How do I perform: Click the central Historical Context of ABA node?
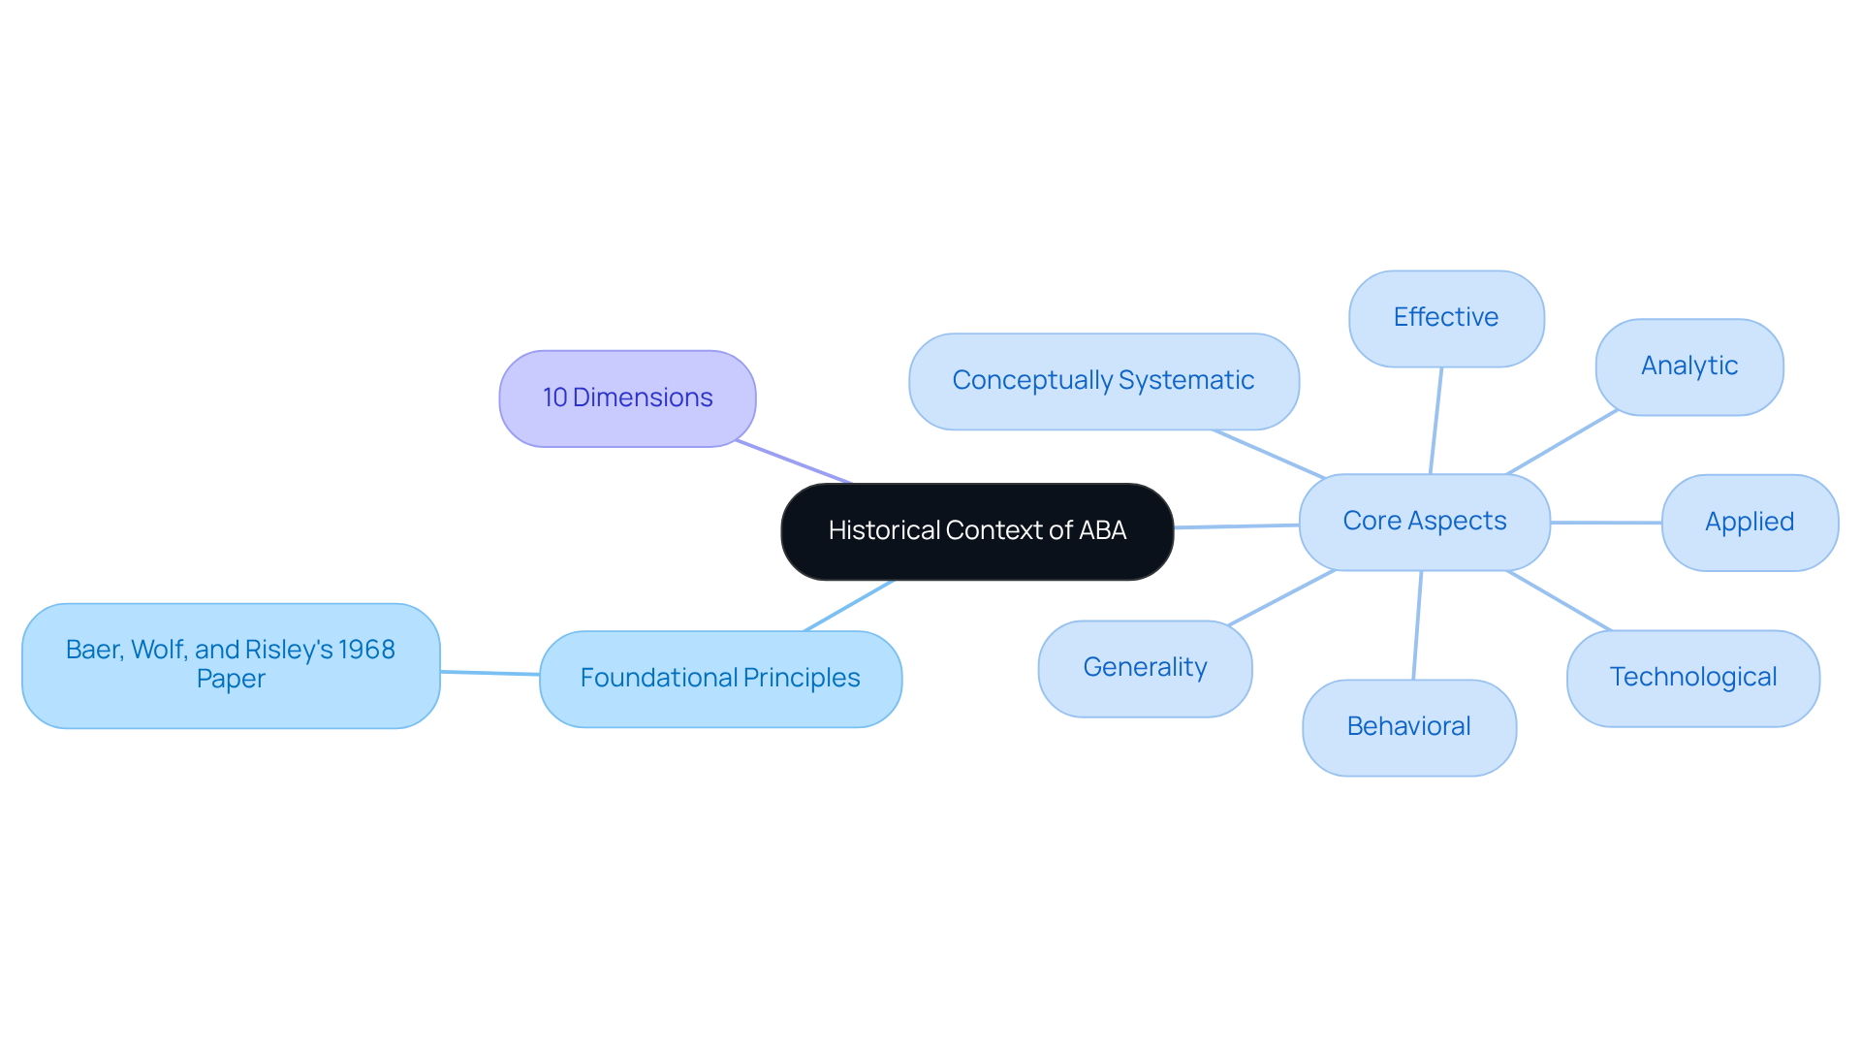[977, 531]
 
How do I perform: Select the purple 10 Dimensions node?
[627, 398]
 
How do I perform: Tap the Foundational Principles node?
[720, 678]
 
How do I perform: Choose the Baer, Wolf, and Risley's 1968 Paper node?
[231, 665]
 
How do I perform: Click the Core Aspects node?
[1424, 522]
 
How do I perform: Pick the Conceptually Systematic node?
[1103, 381]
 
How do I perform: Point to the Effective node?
[1445, 318]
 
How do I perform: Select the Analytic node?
[1688, 366]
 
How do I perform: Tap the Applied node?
[1749, 523]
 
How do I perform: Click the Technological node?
[1692, 678]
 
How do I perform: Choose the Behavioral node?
[1408, 727]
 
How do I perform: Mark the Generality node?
[1145, 668]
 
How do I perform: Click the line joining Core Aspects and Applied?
[1606, 523]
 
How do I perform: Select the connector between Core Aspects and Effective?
[1435, 421]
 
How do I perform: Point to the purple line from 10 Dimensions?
[793, 461]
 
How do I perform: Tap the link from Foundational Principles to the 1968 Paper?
[489, 673]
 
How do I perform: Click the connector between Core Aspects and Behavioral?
[1417, 625]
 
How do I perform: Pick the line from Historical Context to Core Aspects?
[1236, 526]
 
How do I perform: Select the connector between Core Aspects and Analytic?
[1562, 442]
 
